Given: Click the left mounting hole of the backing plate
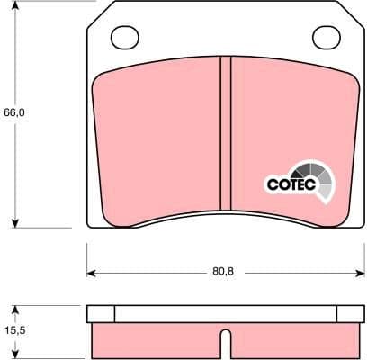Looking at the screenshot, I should pos(124,37).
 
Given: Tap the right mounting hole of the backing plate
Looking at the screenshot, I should pos(325,37).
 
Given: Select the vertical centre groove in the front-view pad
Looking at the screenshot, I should pos(226,139).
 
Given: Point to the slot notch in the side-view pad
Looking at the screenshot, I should pos(226,344).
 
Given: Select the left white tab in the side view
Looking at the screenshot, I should pos(102,313).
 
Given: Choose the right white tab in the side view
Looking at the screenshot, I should pos(349,313).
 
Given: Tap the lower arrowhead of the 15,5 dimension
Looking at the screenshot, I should pos(14,354).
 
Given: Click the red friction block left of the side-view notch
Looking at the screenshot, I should pos(157,339).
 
